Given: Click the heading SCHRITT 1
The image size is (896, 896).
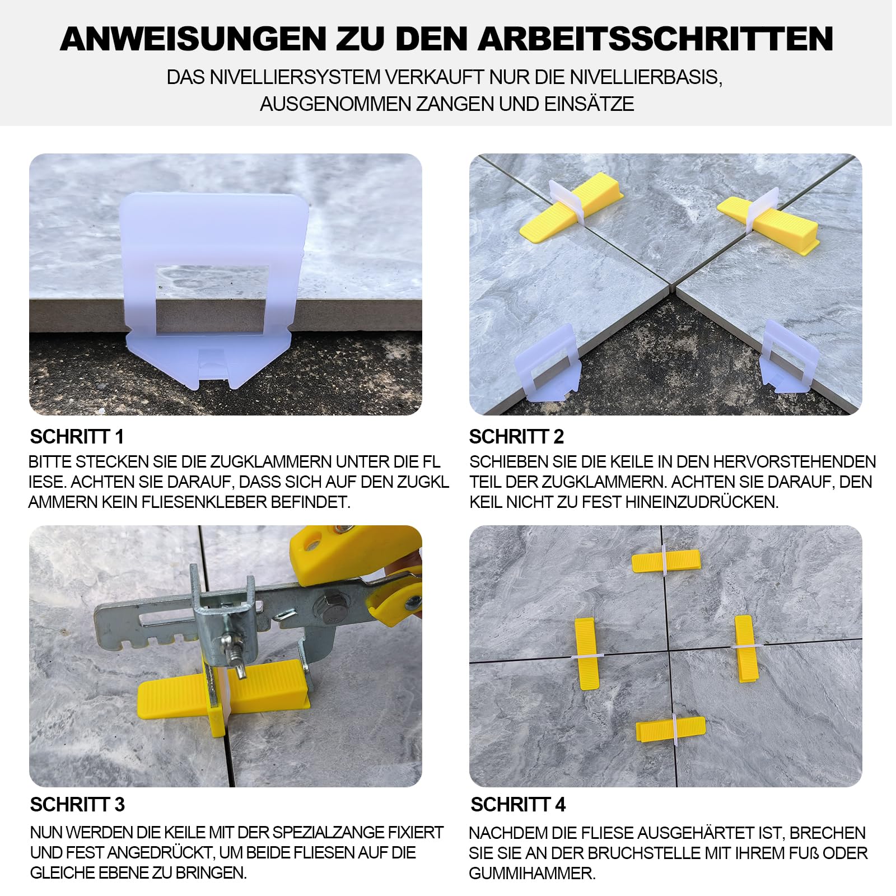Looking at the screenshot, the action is point(77,436).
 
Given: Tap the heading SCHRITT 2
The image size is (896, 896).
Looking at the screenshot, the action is point(516,436).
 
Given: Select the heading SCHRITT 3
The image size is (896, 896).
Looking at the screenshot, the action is point(77,805).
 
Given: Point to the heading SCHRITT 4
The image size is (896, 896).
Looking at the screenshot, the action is point(518,805).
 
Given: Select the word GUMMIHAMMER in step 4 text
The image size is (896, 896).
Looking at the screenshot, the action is point(532,873).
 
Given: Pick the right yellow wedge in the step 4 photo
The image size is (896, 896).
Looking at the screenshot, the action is point(744,648).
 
